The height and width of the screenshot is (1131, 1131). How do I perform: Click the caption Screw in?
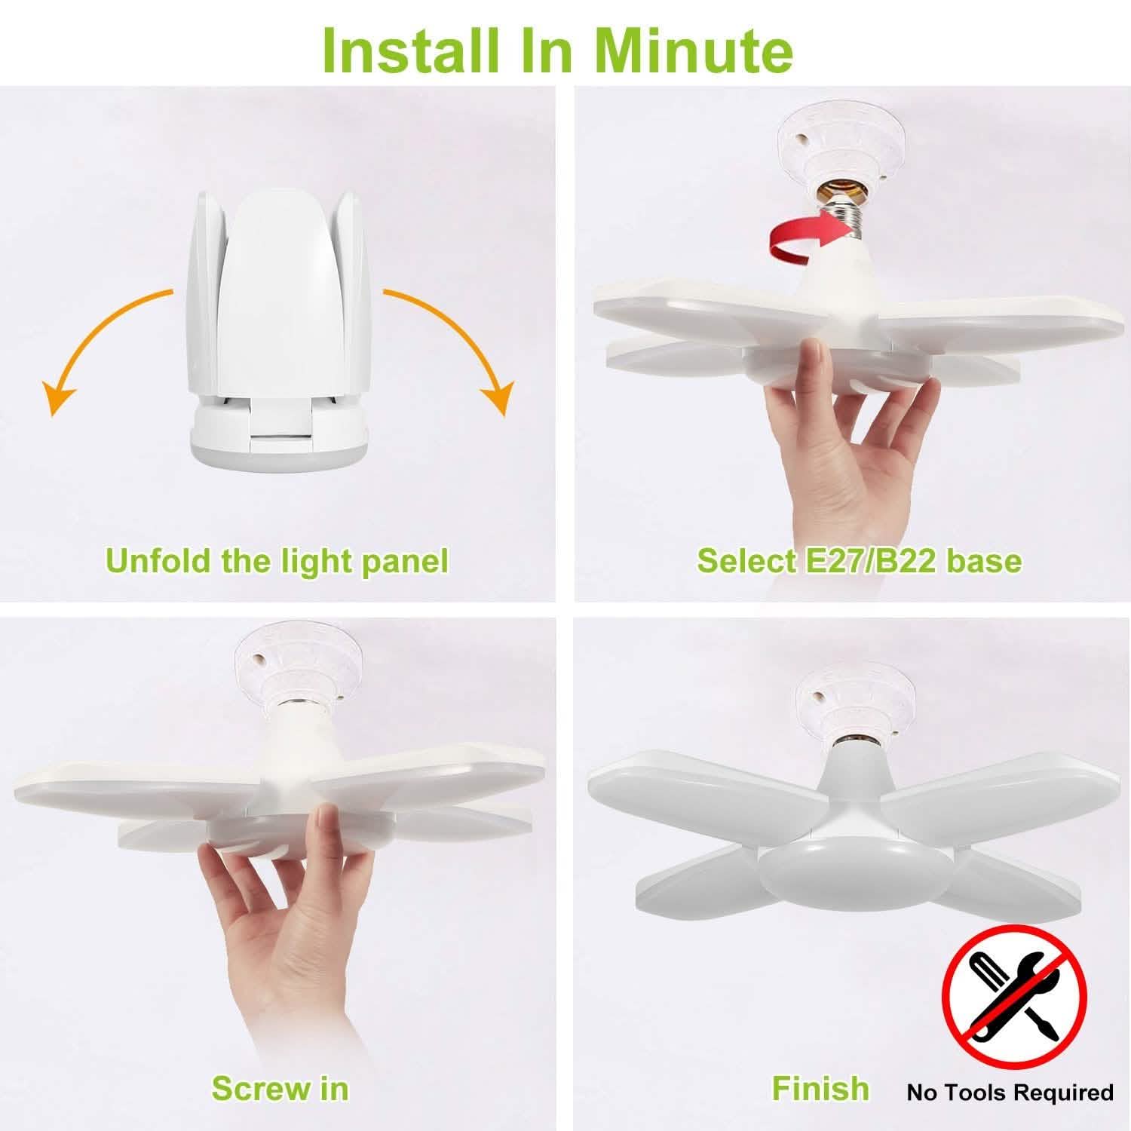tap(280, 1089)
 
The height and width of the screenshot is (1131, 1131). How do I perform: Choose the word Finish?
tap(820, 1089)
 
